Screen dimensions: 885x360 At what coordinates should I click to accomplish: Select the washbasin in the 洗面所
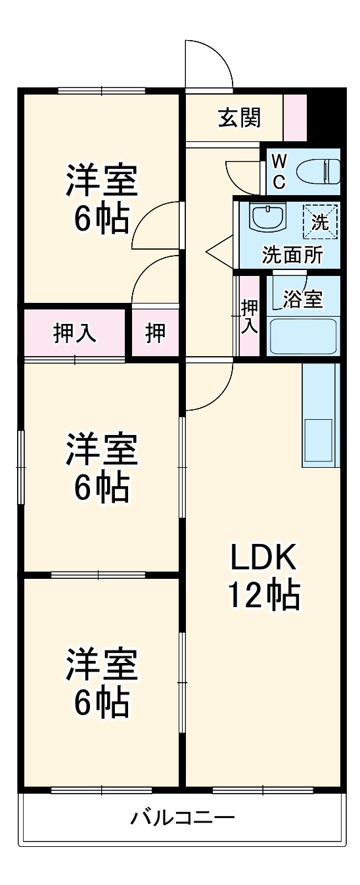tap(267, 216)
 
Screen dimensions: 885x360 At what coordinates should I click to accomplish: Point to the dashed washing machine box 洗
tap(319, 221)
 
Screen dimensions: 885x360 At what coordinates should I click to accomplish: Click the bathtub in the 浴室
tap(304, 335)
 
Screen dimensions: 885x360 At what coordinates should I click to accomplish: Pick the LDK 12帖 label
tap(264, 576)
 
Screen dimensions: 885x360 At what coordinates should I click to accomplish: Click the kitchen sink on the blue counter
tap(320, 441)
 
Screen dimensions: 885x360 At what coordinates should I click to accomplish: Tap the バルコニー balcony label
tap(182, 818)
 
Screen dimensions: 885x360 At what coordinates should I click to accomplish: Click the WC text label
tap(279, 171)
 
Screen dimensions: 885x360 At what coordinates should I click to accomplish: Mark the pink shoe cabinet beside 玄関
tap(295, 118)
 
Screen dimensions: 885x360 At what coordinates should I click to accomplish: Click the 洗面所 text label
tap(292, 255)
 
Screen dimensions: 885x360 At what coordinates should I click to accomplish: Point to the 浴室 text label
tap(303, 299)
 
